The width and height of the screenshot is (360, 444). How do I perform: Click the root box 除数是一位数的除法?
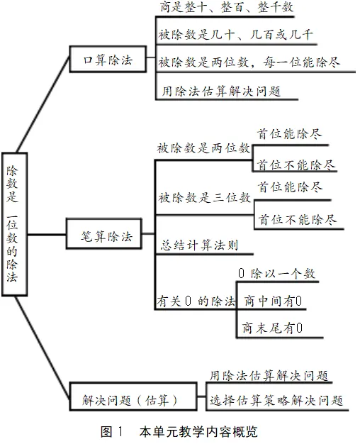[14, 224]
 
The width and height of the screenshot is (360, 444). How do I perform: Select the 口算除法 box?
[108, 59]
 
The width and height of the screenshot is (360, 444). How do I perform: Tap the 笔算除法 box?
[104, 233]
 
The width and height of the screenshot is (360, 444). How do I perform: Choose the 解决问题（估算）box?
[133, 396]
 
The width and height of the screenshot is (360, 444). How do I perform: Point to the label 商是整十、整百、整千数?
[226, 7]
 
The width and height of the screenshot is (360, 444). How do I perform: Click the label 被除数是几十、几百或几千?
[235, 35]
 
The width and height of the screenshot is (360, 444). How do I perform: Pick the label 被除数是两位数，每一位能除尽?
[249, 62]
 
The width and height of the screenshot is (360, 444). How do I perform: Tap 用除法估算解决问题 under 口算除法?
[221, 91]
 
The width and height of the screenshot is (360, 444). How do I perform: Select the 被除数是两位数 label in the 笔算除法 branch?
[204, 148]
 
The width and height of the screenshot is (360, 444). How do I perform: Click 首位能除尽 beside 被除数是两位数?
[289, 133]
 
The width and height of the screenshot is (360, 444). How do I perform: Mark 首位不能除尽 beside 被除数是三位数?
[297, 219]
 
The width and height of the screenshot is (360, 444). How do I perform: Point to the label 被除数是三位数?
[204, 198]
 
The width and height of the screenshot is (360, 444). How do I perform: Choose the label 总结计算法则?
[200, 245]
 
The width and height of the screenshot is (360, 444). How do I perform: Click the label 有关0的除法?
[196, 301]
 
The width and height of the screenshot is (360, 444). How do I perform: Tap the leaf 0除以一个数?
[277, 274]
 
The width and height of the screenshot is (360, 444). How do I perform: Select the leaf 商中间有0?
[273, 301]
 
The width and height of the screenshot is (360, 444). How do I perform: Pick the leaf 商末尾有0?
[272, 328]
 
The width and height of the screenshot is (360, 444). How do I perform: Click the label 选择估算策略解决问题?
[276, 401]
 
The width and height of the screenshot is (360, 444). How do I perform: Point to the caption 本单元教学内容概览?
[198, 431]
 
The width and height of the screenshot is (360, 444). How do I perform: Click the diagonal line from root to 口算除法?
[43, 104]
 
